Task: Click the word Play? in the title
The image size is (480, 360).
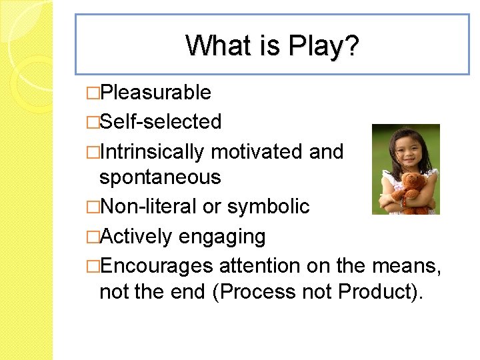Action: click(323, 46)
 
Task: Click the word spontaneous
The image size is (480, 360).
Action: click(159, 177)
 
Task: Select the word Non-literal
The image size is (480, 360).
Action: click(148, 207)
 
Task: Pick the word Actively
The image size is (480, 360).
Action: click(137, 236)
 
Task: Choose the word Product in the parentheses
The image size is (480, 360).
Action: click(377, 292)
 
